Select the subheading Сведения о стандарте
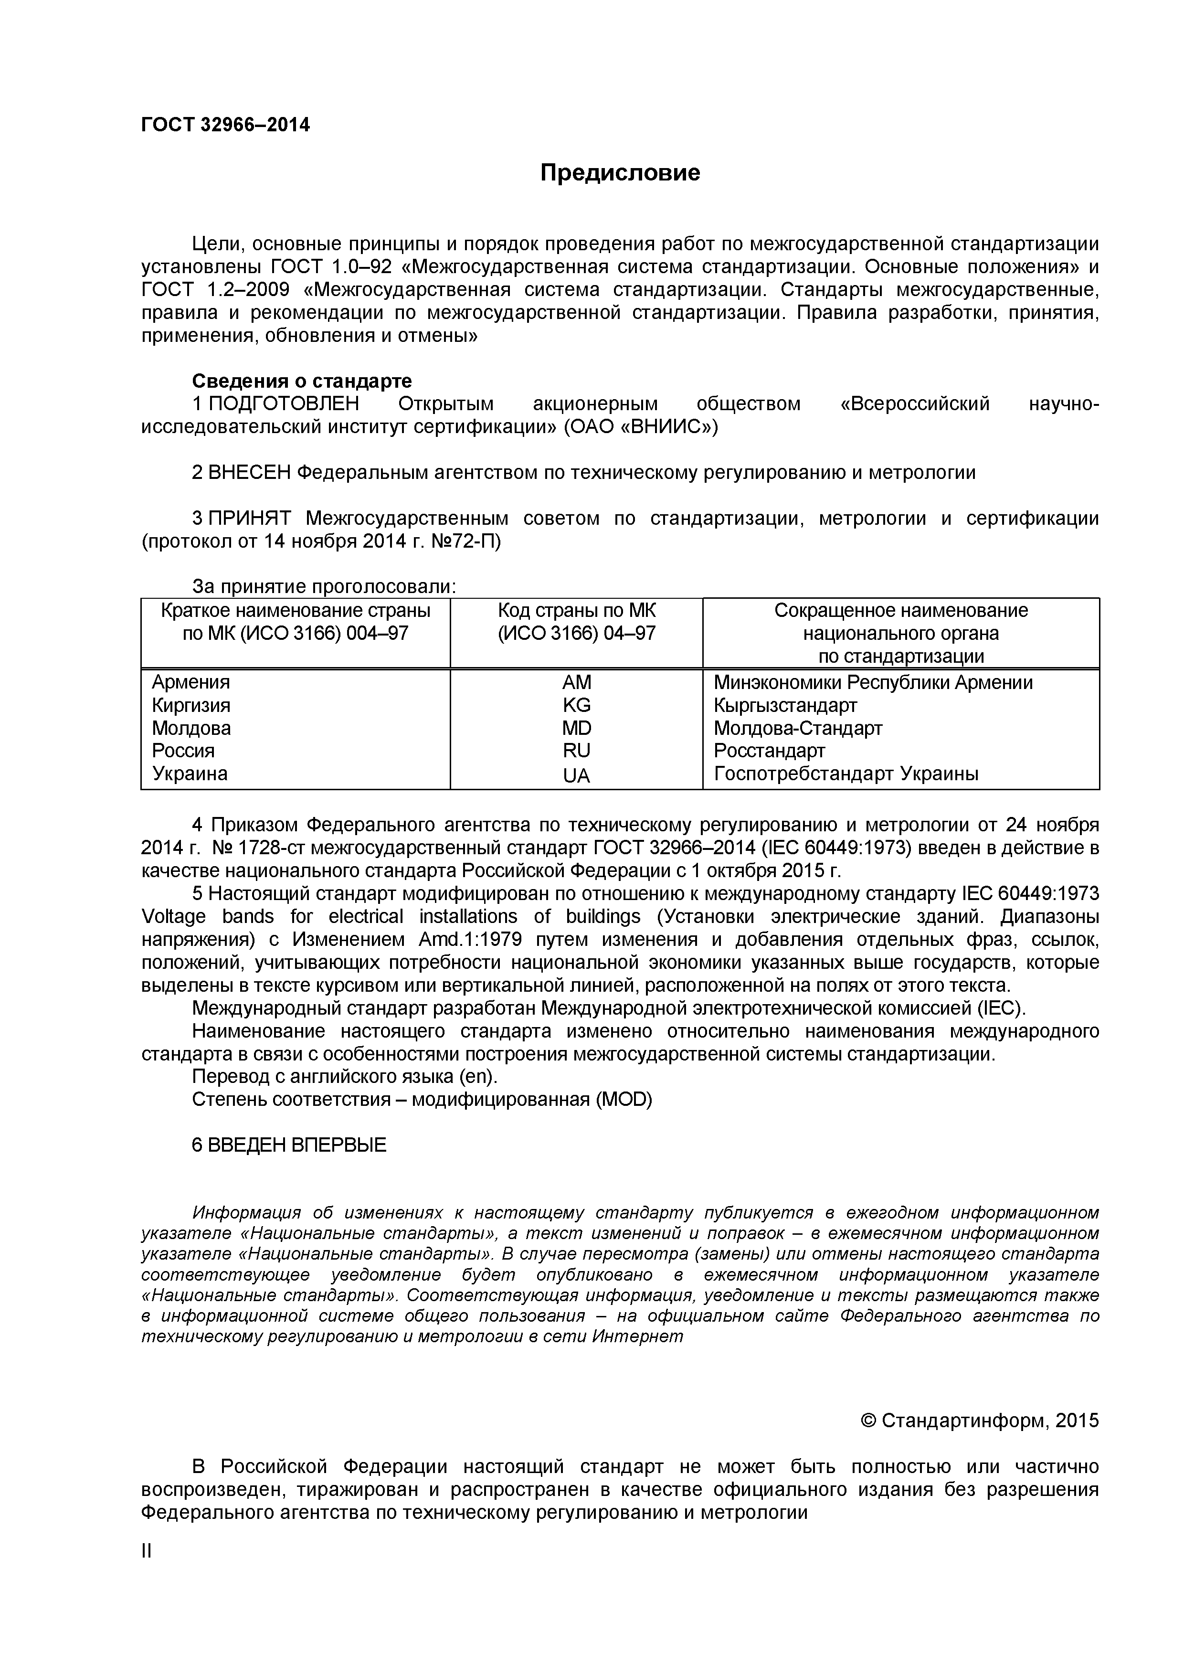pos(301,381)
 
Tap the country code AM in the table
pos(576,682)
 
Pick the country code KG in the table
pos(576,705)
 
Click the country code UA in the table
pos(576,775)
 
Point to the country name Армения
pos(190,682)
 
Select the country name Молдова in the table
pos(191,728)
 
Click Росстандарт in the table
pos(769,751)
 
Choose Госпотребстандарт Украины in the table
pos(846,774)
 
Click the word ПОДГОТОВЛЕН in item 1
pos(284,404)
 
